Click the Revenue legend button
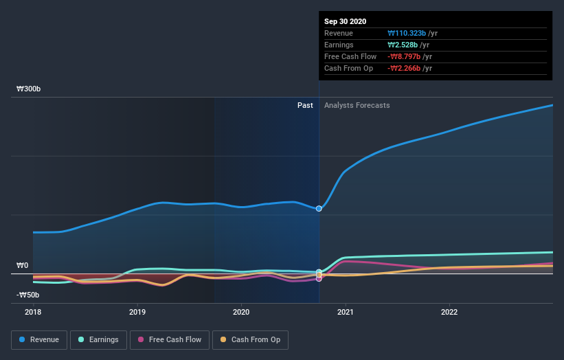click(39, 339)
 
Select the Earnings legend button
click(99, 339)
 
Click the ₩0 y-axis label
click(22, 266)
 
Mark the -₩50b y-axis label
click(28, 295)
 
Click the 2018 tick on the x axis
click(33, 311)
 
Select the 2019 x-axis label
click(137, 311)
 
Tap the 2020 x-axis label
click(241, 311)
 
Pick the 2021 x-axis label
click(346, 311)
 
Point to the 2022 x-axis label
click(449, 311)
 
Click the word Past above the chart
click(305, 105)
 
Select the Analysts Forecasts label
click(357, 105)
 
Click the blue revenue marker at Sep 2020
click(319, 208)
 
